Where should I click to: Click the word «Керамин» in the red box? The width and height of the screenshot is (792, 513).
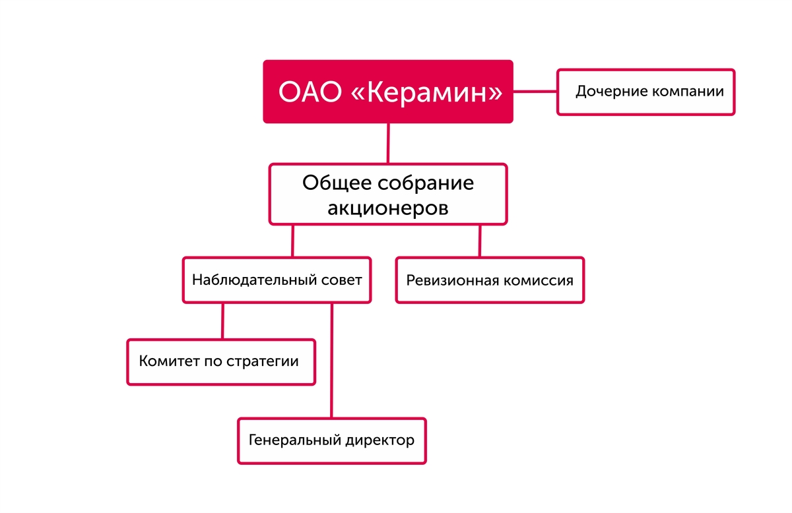[427, 92]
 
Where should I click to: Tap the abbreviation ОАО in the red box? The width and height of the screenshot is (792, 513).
[310, 92]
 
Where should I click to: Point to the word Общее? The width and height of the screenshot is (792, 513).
[337, 183]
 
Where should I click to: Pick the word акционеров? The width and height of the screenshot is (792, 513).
[388, 208]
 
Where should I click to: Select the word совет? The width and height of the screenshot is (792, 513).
[342, 280]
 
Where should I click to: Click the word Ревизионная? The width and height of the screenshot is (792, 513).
[453, 281]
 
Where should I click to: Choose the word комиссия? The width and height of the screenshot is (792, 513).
[538, 281]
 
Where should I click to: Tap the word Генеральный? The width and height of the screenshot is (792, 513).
[295, 440]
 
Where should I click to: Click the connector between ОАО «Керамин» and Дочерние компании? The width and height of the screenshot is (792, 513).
[535, 92]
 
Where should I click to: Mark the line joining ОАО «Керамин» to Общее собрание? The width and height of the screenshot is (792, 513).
[388, 144]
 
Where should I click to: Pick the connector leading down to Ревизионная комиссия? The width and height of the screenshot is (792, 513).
[480, 241]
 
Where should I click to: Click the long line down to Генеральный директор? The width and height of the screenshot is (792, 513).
[331, 361]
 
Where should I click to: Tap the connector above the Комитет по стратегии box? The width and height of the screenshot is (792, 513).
[223, 321]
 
